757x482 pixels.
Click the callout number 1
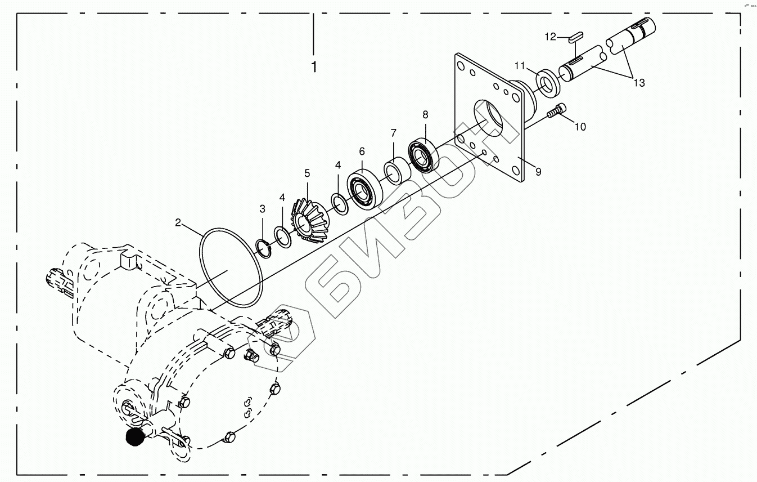(314, 67)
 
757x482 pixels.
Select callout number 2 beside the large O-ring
(178, 222)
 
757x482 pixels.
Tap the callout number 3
(262, 209)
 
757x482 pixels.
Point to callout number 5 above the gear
(307, 173)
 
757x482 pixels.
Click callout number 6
(362, 151)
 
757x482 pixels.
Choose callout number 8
(425, 114)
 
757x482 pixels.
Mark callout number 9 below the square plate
(538, 172)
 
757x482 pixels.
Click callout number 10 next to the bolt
(580, 127)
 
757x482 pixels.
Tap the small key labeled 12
(574, 37)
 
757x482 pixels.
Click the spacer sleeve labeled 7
(395, 172)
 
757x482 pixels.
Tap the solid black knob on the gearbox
(134, 436)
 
